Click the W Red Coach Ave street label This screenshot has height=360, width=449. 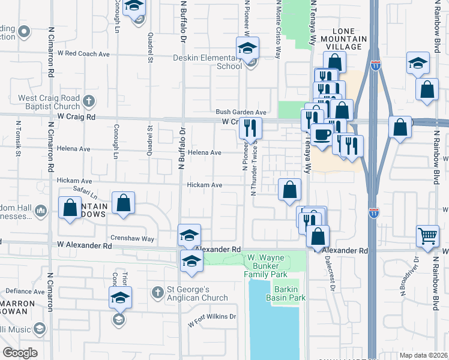(x=83, y=53)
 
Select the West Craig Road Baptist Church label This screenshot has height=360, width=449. (x=49, y=103)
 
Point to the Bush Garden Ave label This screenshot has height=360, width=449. (x=241, y=112)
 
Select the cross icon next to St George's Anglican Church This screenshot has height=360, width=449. (x=158, y=292)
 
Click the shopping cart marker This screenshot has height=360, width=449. (x=427, y=235)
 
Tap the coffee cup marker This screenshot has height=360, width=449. (x=321, y=134)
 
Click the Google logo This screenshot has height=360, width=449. (x=20, y=353)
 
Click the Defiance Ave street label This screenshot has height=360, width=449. (x=22, y=291)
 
